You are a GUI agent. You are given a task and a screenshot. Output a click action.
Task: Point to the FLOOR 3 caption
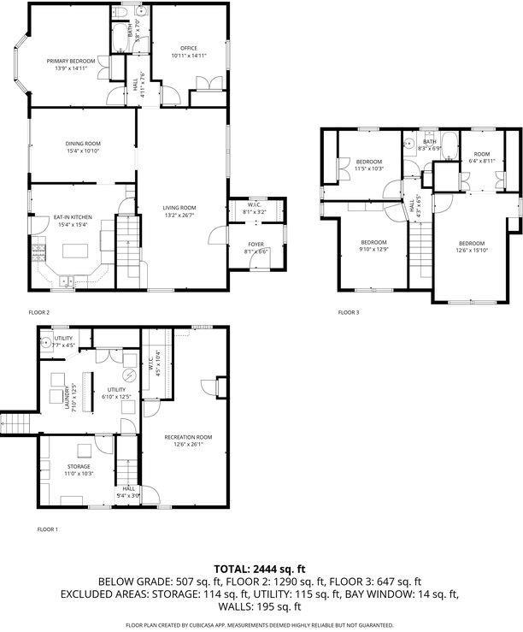tap(348, 313)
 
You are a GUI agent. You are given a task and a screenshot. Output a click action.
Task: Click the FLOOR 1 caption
tap(47, 529)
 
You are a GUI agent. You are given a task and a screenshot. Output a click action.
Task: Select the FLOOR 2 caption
tap(38, 313)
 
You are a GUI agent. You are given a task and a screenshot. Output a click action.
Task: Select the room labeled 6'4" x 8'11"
tap(483, 157)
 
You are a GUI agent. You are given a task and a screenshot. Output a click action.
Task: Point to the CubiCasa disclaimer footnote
tap(261, 625)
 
